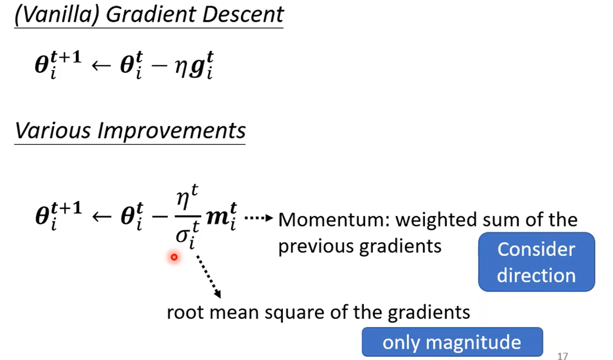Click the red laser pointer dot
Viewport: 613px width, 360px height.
[x=174, y=258]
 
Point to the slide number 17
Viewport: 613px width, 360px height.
[x=562, y=356]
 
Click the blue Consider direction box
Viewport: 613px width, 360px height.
[x=536, y=262]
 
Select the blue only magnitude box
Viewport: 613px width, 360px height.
[x=452, y=342]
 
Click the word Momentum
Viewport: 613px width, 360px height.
[x=333, y=220]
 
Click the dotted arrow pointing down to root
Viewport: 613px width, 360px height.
[x=208, y=276]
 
